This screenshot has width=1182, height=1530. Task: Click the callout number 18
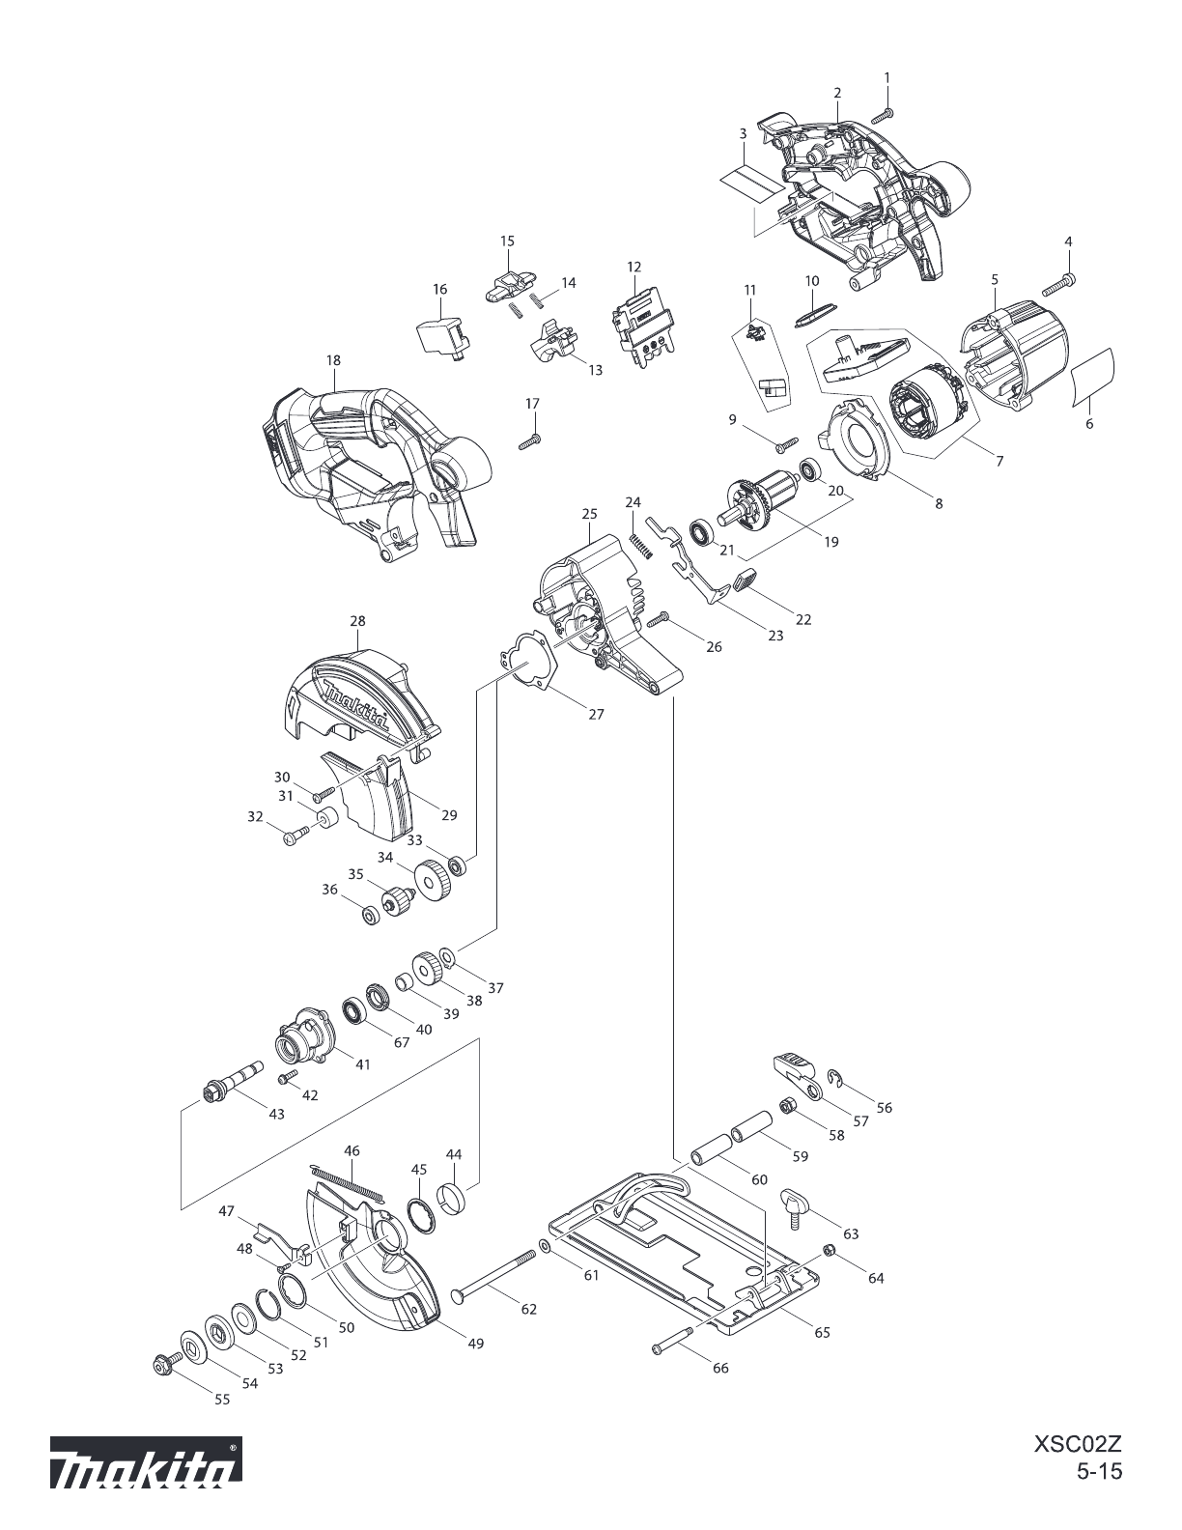click(333, 360)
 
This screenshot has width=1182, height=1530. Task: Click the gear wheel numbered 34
click(432, 882)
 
